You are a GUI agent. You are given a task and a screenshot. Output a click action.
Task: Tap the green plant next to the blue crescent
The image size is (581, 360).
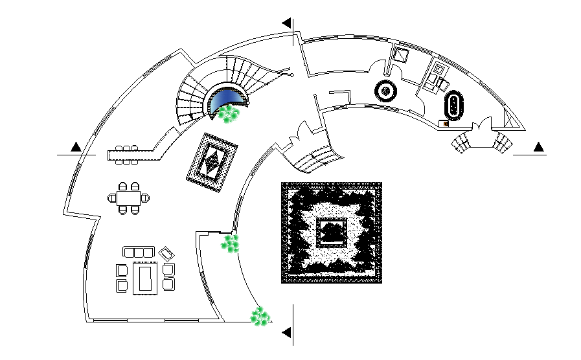228,114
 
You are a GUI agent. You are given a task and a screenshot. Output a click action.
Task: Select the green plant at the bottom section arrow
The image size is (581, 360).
260,316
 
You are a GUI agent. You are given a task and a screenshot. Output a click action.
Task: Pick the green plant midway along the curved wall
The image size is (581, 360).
231,243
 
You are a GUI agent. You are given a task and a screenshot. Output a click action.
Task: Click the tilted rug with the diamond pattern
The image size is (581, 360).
214,163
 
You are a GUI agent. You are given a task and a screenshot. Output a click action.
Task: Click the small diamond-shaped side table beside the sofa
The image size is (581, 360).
167,253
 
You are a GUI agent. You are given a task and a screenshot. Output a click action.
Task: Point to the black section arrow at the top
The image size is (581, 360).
286,23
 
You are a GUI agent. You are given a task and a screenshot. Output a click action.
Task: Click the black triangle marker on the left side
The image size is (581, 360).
76,147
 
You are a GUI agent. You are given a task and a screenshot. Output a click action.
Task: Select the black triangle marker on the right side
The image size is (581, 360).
539,147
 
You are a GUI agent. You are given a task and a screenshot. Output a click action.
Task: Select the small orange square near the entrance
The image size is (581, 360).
444,122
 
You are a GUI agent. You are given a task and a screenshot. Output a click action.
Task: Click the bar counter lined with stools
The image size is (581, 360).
139,152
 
